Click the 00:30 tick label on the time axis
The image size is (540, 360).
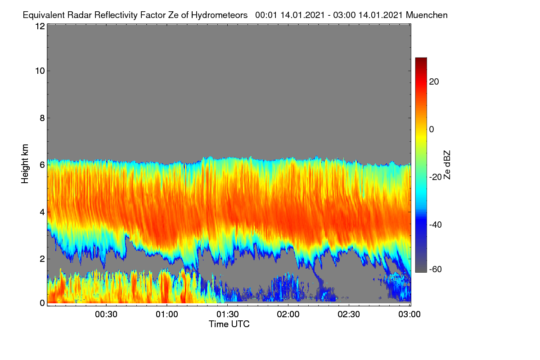pyautogui.click(x=106, y=314)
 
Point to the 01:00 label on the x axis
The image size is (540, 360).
pyautogui.click(x=167, y=314)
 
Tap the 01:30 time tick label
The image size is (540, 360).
pyautogui.click(x=228, y=314)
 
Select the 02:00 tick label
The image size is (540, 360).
pyautogui.click(x=288, y=314)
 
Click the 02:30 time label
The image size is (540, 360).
pyautogui.click(x=349, y=314)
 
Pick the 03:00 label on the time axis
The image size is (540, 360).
pyautogui.click(x=409, y=314)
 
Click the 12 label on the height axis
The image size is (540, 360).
pyautogui.click(x=40, y=26)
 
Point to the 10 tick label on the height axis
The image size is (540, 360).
pyautogui.click(x=40, y=71)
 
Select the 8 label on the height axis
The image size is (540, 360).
pyautogui.click(x=42, y=118)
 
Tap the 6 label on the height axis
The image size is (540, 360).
pyautogui.click(x=42, y=165)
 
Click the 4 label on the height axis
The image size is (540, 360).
pyautogui.click(x=42, y=212)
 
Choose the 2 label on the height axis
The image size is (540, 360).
pyautogui.click(x=42, y=259)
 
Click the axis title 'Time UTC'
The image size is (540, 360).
pyautogui.click(x=229, y=324)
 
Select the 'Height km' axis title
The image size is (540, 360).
pyautogui.click(x=25, y=164)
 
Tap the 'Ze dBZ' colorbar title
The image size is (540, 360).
pyautogui.click(x=447, y=165)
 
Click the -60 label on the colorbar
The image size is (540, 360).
pyautogui.click(x=436, y=270)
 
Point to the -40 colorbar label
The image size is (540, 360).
pyautogui.click(x=436, y=225)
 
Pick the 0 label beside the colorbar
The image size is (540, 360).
pyautogui.click(x=432, y=130)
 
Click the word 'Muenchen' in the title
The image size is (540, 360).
pyautogui.click(x=427, y=15)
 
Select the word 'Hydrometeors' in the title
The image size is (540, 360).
pyautogui.click(x=219, y=15)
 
